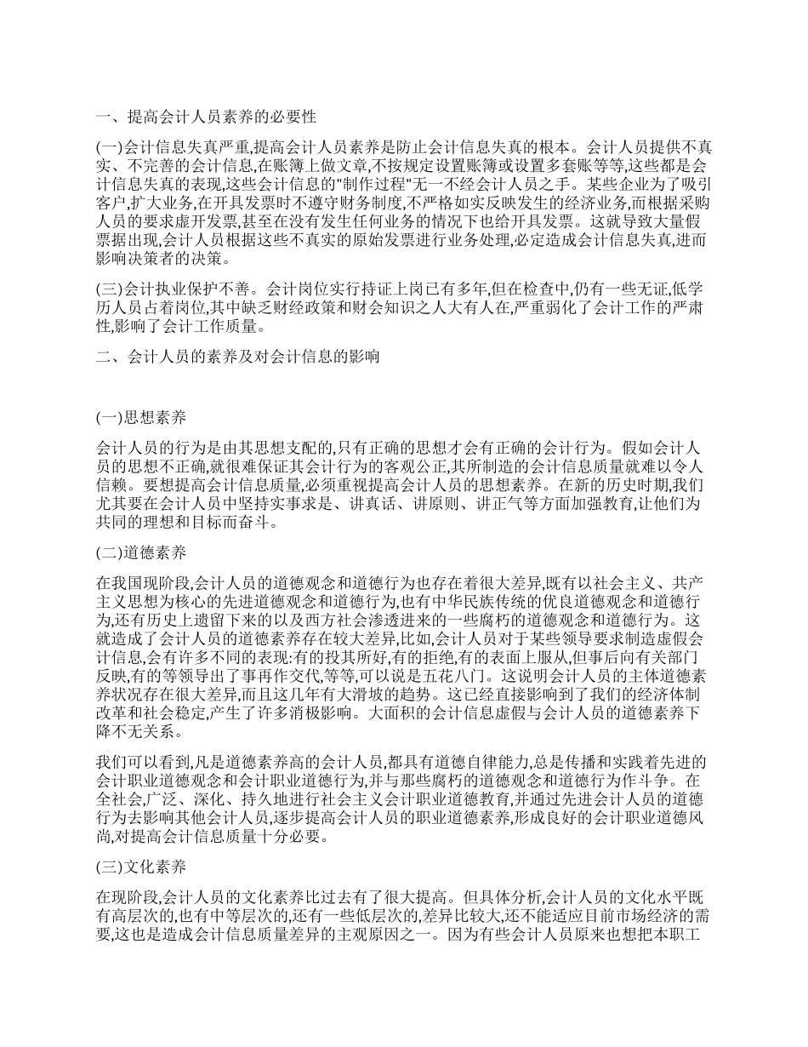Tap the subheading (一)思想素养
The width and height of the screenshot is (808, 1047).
click(x=140, y=417)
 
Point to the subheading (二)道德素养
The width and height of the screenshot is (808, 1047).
click(x=140, y=552)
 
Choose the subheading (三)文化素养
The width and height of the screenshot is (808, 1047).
click(x=140, y=868)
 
